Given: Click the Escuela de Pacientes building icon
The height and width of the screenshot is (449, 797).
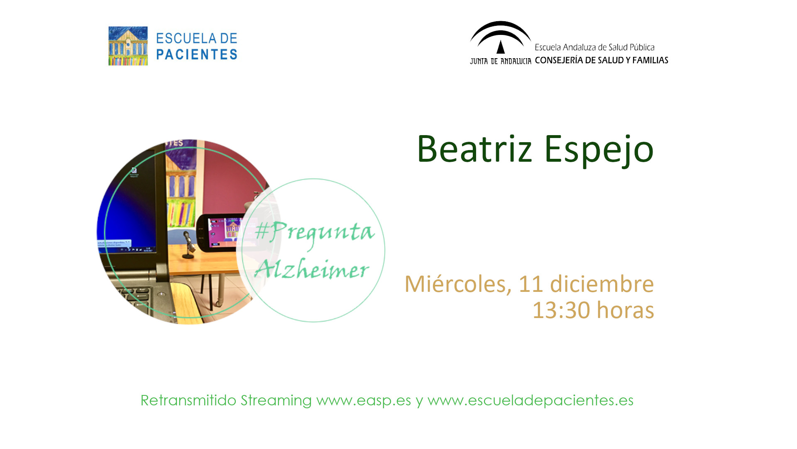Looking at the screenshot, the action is click(x=128, y=46).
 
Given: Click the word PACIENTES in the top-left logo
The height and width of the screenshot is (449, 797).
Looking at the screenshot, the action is click(x=197, y=54).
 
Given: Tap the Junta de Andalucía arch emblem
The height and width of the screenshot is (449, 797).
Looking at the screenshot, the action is click(x=501, y=37).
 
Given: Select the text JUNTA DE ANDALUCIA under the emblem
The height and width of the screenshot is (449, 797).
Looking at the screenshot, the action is click(x=501, y=61).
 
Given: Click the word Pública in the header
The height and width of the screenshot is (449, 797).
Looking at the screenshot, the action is click(x=642, y=47).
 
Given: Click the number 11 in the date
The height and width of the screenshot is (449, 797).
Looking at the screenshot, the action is click(x=531, y=284).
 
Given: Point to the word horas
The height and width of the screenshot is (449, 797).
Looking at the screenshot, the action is click(x=626, y=310).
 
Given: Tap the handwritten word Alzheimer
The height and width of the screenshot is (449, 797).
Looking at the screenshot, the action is click(x=312, y=268).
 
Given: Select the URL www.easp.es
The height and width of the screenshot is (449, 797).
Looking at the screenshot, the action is click(x=364, y=401).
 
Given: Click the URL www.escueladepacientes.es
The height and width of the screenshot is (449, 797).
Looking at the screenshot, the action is click(x=531, y=401).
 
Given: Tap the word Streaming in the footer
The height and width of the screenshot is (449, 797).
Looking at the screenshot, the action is click(x=276, y=401).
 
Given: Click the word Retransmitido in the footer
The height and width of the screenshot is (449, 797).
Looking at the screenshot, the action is click(x=188, y=400).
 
